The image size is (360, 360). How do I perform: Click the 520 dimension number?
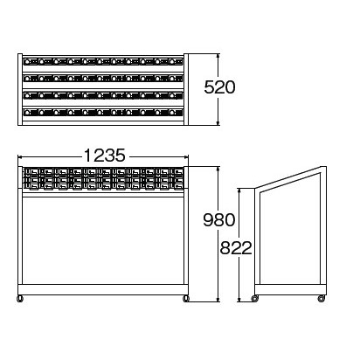(x=219, y=87)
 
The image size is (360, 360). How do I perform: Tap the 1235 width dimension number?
(x=105, y=156)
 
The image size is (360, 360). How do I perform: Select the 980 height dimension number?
(x=219, y=220)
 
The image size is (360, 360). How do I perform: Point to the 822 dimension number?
(x=236, y=248)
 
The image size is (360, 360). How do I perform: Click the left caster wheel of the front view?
(x=20, y=299)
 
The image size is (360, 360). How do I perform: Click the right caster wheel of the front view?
(x=185, y=299)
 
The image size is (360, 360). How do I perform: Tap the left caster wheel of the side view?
(x=255, y=299)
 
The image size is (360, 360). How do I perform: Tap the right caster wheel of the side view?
(x=322, y=299)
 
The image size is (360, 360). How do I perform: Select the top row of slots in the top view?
(x=103, y=61)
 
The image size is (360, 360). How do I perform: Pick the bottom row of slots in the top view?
(x=103, y=112)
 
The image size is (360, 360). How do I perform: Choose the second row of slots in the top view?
(x=103, y=78)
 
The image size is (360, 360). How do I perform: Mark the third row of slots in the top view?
(x=103, y=95)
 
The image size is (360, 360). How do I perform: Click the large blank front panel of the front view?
(x=103, y=240)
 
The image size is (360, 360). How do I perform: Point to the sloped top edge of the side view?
(x=288, y=177)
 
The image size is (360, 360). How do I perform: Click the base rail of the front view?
(x=103, y=289)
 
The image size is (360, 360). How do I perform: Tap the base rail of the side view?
(x=290, y=289)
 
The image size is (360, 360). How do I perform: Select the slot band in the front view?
(x=103, y=179)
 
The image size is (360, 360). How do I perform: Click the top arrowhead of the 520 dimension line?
(x=218, y=56)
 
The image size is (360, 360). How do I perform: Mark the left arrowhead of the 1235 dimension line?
(x=20, y=156)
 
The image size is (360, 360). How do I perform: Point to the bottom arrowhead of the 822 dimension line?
(x=239, y=299)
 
